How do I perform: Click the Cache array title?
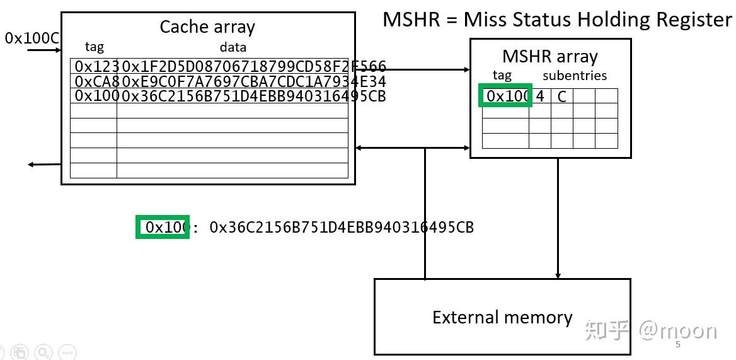coord(207,27)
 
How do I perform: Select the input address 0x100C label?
coord(32,38)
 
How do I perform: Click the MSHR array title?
coord(549,57)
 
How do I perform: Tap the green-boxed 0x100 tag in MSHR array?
coord(505,96)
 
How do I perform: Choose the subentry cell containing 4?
coord(540,96)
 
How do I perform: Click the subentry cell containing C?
coord(561,96)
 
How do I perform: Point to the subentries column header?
coord(575,76)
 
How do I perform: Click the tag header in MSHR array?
coord(502,76)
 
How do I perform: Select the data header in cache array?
coord(233,47)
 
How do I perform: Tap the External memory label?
coord(502,317)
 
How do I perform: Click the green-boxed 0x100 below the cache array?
coord(163,227)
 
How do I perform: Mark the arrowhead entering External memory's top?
coord(558,275)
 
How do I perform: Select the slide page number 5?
coord(678,345)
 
